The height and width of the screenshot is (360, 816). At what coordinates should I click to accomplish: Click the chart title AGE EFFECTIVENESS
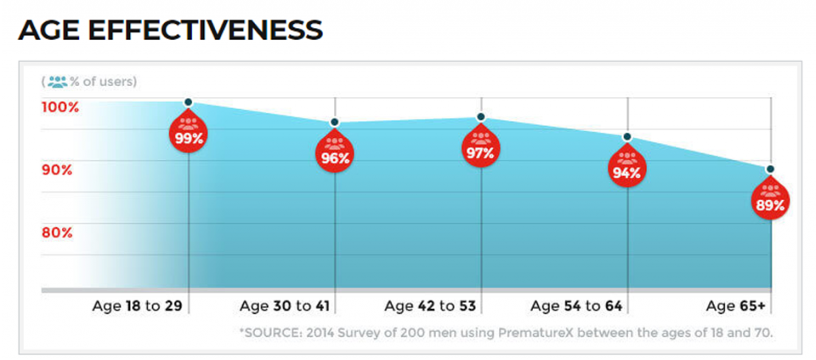170,29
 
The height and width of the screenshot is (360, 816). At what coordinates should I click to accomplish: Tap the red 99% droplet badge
189,133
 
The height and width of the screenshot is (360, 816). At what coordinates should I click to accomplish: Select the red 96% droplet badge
335,153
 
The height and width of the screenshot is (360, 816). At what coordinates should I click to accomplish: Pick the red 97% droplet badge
481,148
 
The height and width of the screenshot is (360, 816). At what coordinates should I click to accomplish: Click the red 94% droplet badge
627,167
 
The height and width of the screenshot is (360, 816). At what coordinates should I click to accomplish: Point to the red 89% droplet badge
770,200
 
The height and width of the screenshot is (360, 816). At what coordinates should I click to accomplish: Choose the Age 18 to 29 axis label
137,306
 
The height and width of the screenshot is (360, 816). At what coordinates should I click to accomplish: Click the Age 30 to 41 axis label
284,306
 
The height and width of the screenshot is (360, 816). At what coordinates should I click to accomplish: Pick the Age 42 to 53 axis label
430,306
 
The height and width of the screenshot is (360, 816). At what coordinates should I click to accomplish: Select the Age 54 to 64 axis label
576,306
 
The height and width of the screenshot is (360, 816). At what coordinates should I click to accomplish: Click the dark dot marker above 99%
189,102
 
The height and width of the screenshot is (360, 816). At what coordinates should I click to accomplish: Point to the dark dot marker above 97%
481,117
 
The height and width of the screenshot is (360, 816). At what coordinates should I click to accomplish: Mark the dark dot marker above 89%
771,169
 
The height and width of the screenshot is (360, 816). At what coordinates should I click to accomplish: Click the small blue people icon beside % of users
57,81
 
